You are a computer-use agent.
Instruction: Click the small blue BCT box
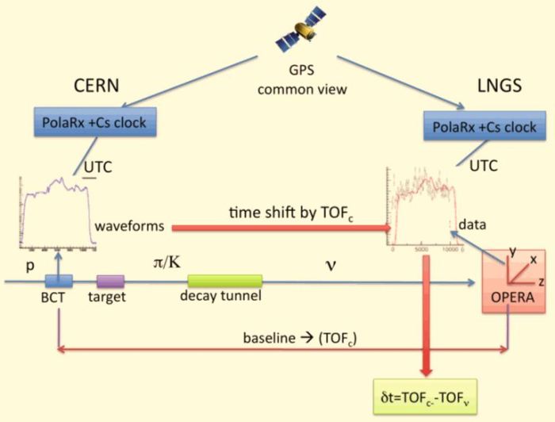(x=59, y=281)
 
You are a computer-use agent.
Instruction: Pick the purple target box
(x=111, y=281)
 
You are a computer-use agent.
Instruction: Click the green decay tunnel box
(x=224, y=281)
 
